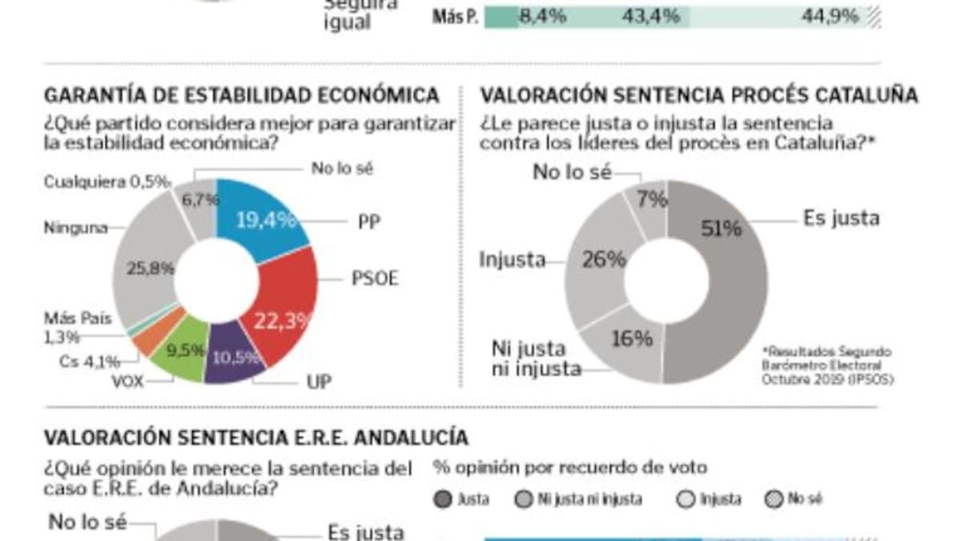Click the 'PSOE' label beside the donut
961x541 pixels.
(x=375, y=279)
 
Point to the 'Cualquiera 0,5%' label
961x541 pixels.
(x=107, y=182)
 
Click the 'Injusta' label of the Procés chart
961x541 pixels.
(x=513, y=259)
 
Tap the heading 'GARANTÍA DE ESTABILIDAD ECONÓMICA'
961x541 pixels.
(x=241, y=95)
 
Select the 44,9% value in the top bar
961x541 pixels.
(x=830, y=15)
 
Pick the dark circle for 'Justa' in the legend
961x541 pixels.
(x=441, y=499)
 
